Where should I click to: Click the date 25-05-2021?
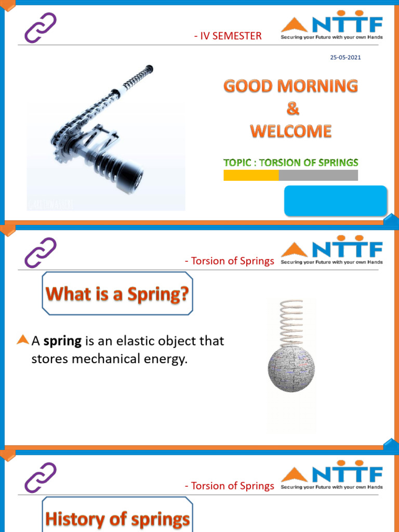pos(345,57)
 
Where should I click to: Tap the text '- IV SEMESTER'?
pos(227,36)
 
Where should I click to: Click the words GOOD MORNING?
pos(290,86)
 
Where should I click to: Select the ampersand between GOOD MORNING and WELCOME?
pos(290,109)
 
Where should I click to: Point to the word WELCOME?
pos(290,131)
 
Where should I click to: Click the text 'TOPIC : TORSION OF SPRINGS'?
pos(290,162)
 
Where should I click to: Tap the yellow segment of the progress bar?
pos(251,176)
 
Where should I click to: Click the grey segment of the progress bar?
pos(318,176)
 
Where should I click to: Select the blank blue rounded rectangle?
pos(335,201)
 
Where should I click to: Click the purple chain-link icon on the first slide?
pos(41,28)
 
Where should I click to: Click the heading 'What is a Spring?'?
pos(117,294)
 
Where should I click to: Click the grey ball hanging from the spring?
pos(291,369)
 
